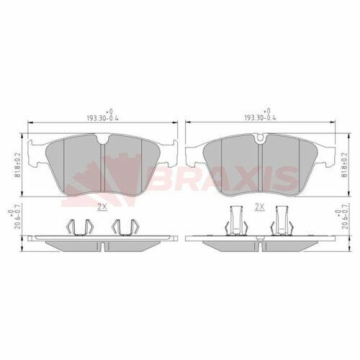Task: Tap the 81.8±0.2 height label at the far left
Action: point(17,165)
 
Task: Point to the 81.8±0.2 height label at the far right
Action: point(345,165)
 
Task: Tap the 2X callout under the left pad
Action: point(102,207)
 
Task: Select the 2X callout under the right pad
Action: point(259,207)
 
